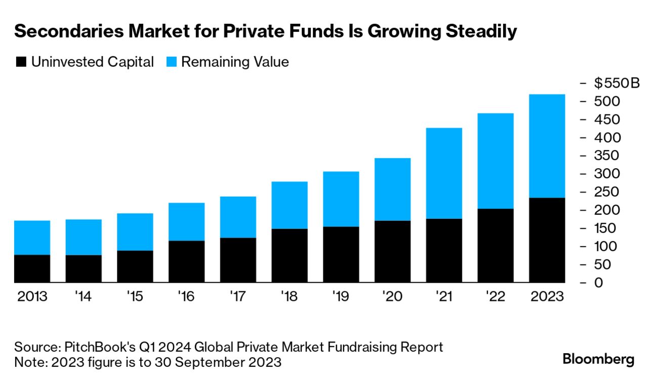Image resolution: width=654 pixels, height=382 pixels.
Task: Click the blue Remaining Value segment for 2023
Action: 547,146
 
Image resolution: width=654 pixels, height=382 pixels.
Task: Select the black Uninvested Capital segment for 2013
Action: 32,269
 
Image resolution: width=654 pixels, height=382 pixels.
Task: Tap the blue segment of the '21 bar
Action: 444,173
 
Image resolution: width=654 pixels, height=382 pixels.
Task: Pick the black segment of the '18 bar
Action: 290,255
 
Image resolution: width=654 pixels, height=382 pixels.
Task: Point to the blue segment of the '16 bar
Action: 186,222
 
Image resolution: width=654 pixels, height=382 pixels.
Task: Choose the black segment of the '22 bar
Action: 495,245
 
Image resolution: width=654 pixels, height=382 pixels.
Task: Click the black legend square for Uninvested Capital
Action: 21,62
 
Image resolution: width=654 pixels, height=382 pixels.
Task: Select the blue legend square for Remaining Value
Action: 171,62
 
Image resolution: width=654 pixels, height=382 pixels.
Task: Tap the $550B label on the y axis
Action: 617,83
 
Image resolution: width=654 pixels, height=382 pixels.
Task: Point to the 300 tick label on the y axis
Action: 606,174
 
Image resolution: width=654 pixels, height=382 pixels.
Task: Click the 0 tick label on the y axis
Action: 598,282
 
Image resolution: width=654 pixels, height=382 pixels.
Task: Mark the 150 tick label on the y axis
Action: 606,228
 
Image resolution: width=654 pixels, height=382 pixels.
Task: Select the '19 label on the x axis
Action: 341,296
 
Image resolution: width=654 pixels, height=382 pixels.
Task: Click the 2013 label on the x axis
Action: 32,296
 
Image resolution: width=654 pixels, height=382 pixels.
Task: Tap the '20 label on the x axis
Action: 392,296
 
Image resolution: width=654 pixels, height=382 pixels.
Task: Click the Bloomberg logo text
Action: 598,360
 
